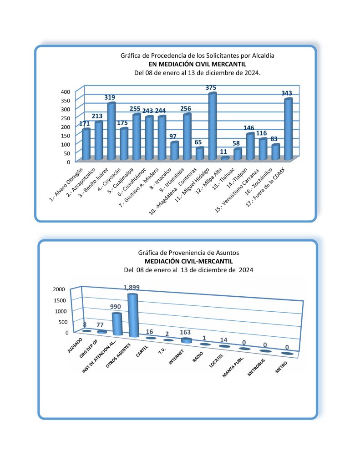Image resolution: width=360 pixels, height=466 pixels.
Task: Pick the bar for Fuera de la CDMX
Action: (x=288, y=129)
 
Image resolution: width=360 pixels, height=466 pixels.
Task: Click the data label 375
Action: (x=211, y=87)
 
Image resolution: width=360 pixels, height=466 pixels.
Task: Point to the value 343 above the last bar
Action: (x=287, y=93)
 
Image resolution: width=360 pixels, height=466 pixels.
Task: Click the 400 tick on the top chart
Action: (x=66, y=91)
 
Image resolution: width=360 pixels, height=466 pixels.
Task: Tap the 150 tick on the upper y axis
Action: (x=66, y=136)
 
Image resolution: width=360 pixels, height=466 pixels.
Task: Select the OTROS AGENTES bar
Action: (x=132, y=315)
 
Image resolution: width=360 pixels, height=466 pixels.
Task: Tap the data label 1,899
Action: (x=132, y=287)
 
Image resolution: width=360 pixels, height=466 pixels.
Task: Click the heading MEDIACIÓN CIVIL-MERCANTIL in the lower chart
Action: (x=188, y=261)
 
